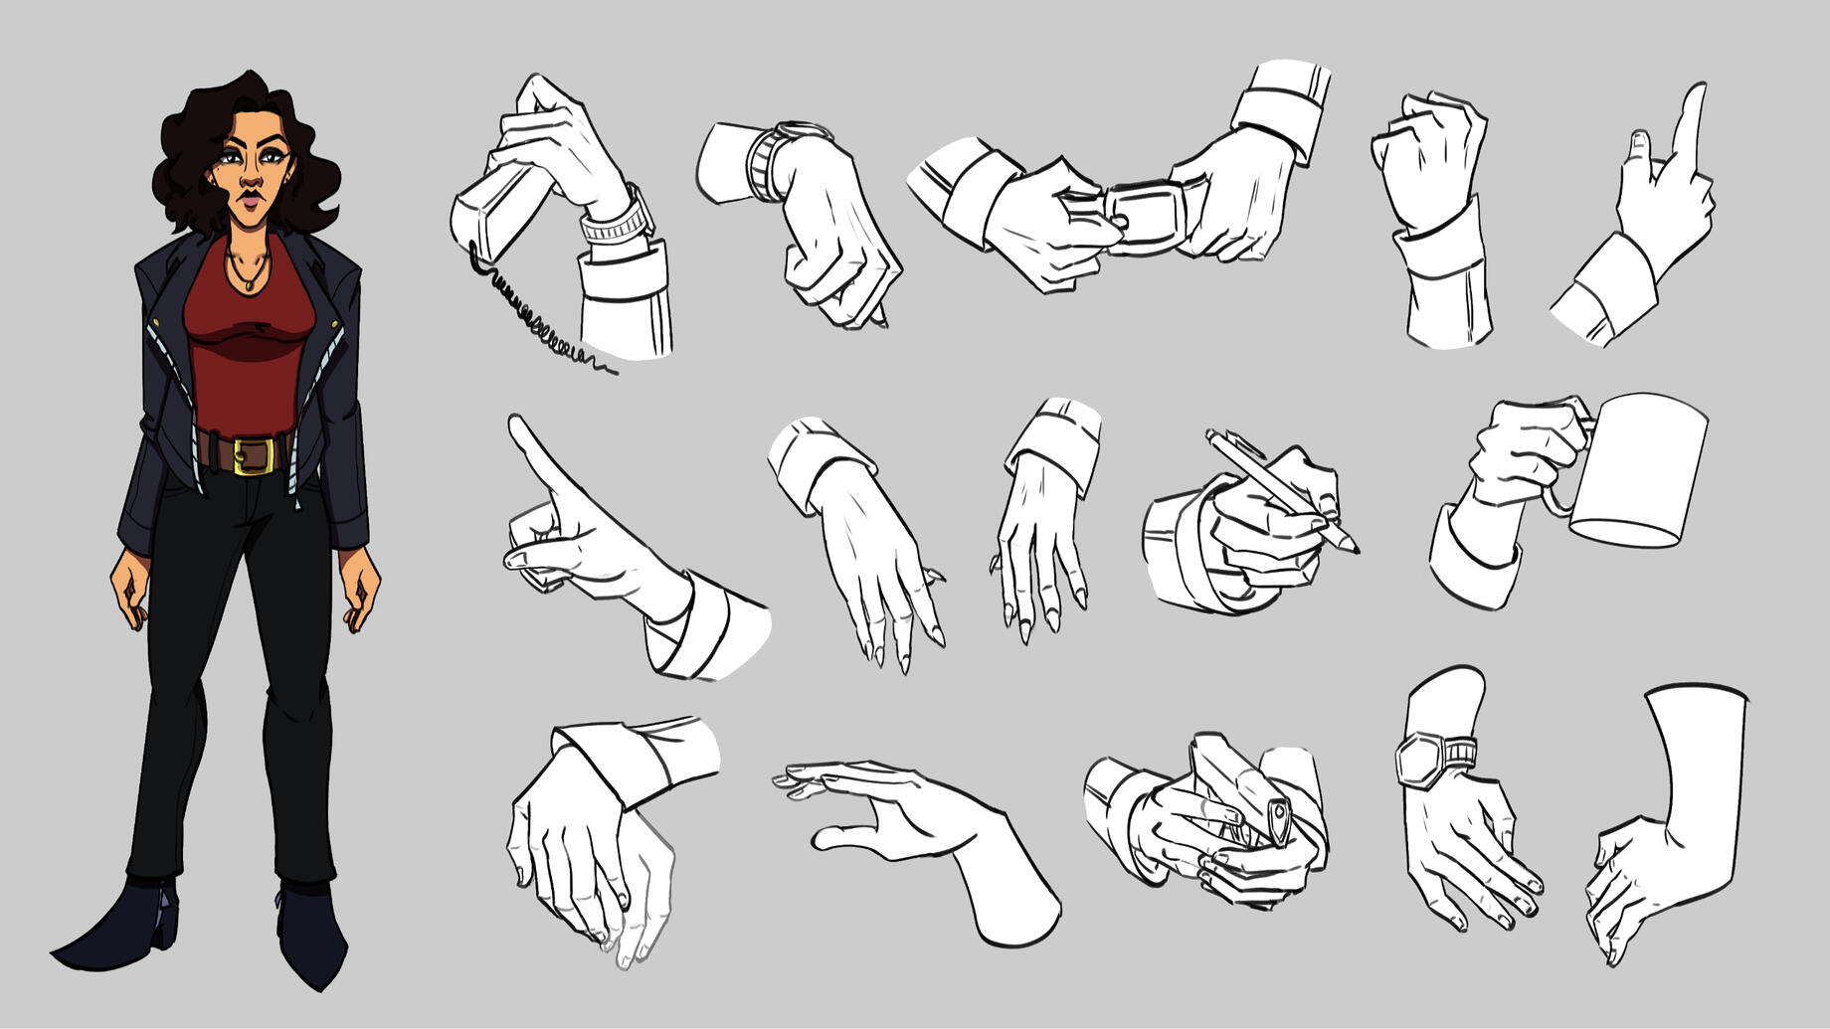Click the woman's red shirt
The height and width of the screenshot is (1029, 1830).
tap(248, 338)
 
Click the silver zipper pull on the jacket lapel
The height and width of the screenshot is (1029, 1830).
tap(154, 329)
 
